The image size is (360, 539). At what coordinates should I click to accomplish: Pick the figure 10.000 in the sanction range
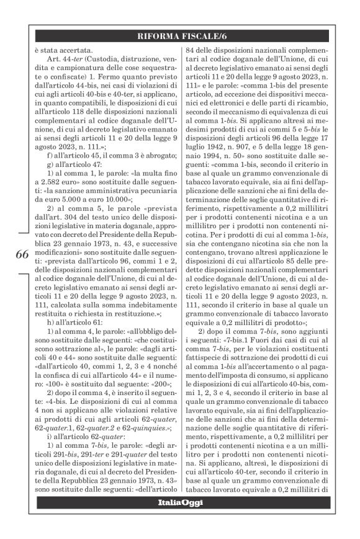click(x=143, y=200)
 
